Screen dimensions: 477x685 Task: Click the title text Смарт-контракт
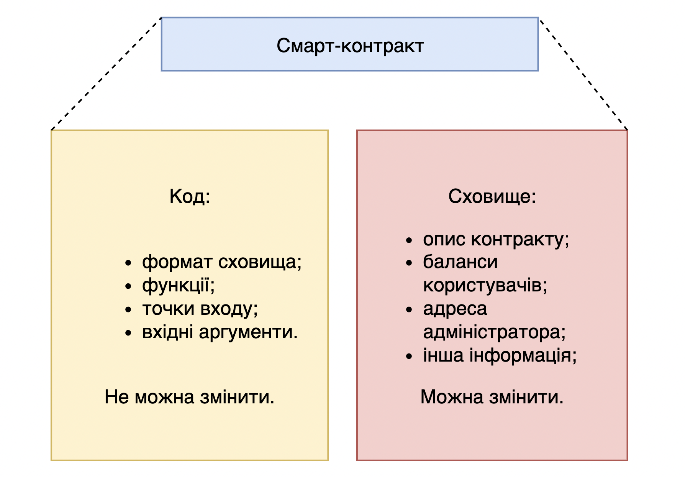[350, 46]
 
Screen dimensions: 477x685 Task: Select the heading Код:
[190, 196]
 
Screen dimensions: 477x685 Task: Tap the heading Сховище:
[492, 196]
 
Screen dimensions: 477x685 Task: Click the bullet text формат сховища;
[221, 262]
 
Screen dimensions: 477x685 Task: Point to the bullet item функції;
[178, 286]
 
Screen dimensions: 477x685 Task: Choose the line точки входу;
[200, 309]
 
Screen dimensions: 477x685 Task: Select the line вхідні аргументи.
[220, 332]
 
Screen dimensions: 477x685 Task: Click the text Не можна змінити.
[189, 397]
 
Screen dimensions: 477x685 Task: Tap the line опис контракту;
[496, 239]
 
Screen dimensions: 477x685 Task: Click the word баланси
[460, 262]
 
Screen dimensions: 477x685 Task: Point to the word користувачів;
[485, 286]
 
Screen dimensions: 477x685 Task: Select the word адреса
[455, 309]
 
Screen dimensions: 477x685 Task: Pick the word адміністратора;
[494, 332]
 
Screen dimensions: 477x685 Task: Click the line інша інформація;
[500, 355]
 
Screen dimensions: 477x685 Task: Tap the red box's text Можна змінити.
[492, 397]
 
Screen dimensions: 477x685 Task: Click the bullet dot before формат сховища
[128, 263]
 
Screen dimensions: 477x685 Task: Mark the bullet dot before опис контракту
[409, 240]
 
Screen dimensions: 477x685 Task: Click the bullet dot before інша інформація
[409, 356]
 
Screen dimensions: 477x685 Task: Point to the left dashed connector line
[106, 74]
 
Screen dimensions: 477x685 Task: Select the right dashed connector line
[583, 74]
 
